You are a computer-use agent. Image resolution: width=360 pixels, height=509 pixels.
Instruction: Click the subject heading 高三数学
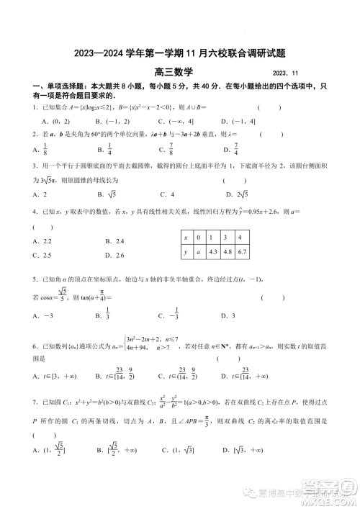[x=179, y=71]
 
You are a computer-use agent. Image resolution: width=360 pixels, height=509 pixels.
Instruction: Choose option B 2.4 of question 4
[x=114, y=241]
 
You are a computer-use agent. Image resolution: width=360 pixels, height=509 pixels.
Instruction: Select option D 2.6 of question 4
[x=114, y=256]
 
